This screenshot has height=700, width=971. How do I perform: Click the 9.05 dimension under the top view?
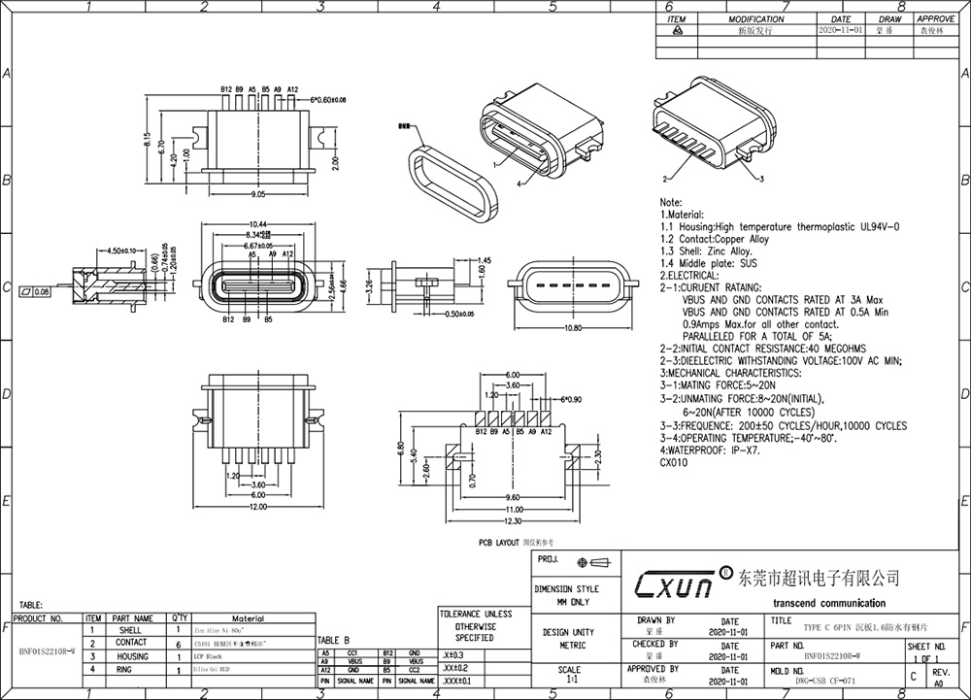pyautogui.click(x=258, y=194)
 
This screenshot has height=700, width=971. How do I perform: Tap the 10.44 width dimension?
pyautogui.click(x=259, y=224)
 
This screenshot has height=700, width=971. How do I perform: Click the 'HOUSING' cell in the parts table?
pyautogui.click(x=132, y=656)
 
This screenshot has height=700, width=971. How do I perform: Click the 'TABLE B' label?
pyautogui.click(x=333, y=641)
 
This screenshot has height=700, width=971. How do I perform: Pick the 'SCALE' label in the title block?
pyautogui.click(x=570, y=670)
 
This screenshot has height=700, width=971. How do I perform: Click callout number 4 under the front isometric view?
pyautogui.click(x=519, y=183)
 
